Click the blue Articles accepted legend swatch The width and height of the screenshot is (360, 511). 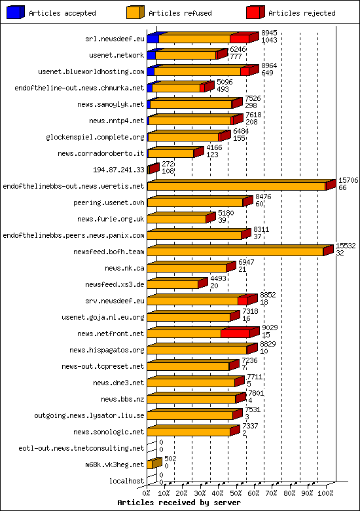[16, 12]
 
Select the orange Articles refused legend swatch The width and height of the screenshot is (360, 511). [135, 12]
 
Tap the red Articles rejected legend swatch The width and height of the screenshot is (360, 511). [255, 12]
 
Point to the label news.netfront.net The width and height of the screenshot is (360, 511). [111, 333]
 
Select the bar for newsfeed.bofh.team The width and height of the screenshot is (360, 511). [236, 252]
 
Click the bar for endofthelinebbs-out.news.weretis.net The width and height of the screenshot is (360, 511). [236, 186]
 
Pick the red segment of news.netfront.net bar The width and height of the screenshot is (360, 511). [235, 333]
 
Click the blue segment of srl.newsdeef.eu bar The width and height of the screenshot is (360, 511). [153, 39]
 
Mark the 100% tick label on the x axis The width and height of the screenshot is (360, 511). [325, 493]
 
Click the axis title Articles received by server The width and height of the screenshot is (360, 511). [179, 502]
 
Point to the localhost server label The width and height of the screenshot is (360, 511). [127, 481]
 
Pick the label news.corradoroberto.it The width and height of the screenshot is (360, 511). [101, 153]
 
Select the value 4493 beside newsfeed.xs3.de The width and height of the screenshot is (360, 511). [219, 278]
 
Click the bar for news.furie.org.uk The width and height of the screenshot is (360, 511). [177, 219]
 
